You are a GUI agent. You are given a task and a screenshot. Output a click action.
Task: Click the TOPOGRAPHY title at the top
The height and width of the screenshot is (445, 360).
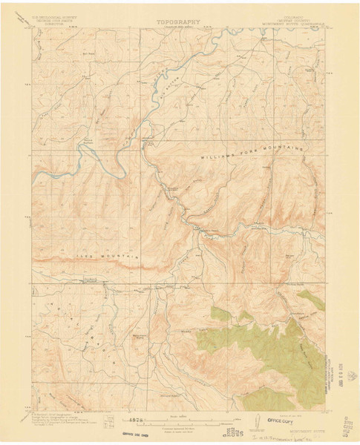(x=180, y=22)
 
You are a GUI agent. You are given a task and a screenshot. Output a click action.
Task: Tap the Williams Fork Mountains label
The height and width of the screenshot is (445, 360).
(x=253, y=154)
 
